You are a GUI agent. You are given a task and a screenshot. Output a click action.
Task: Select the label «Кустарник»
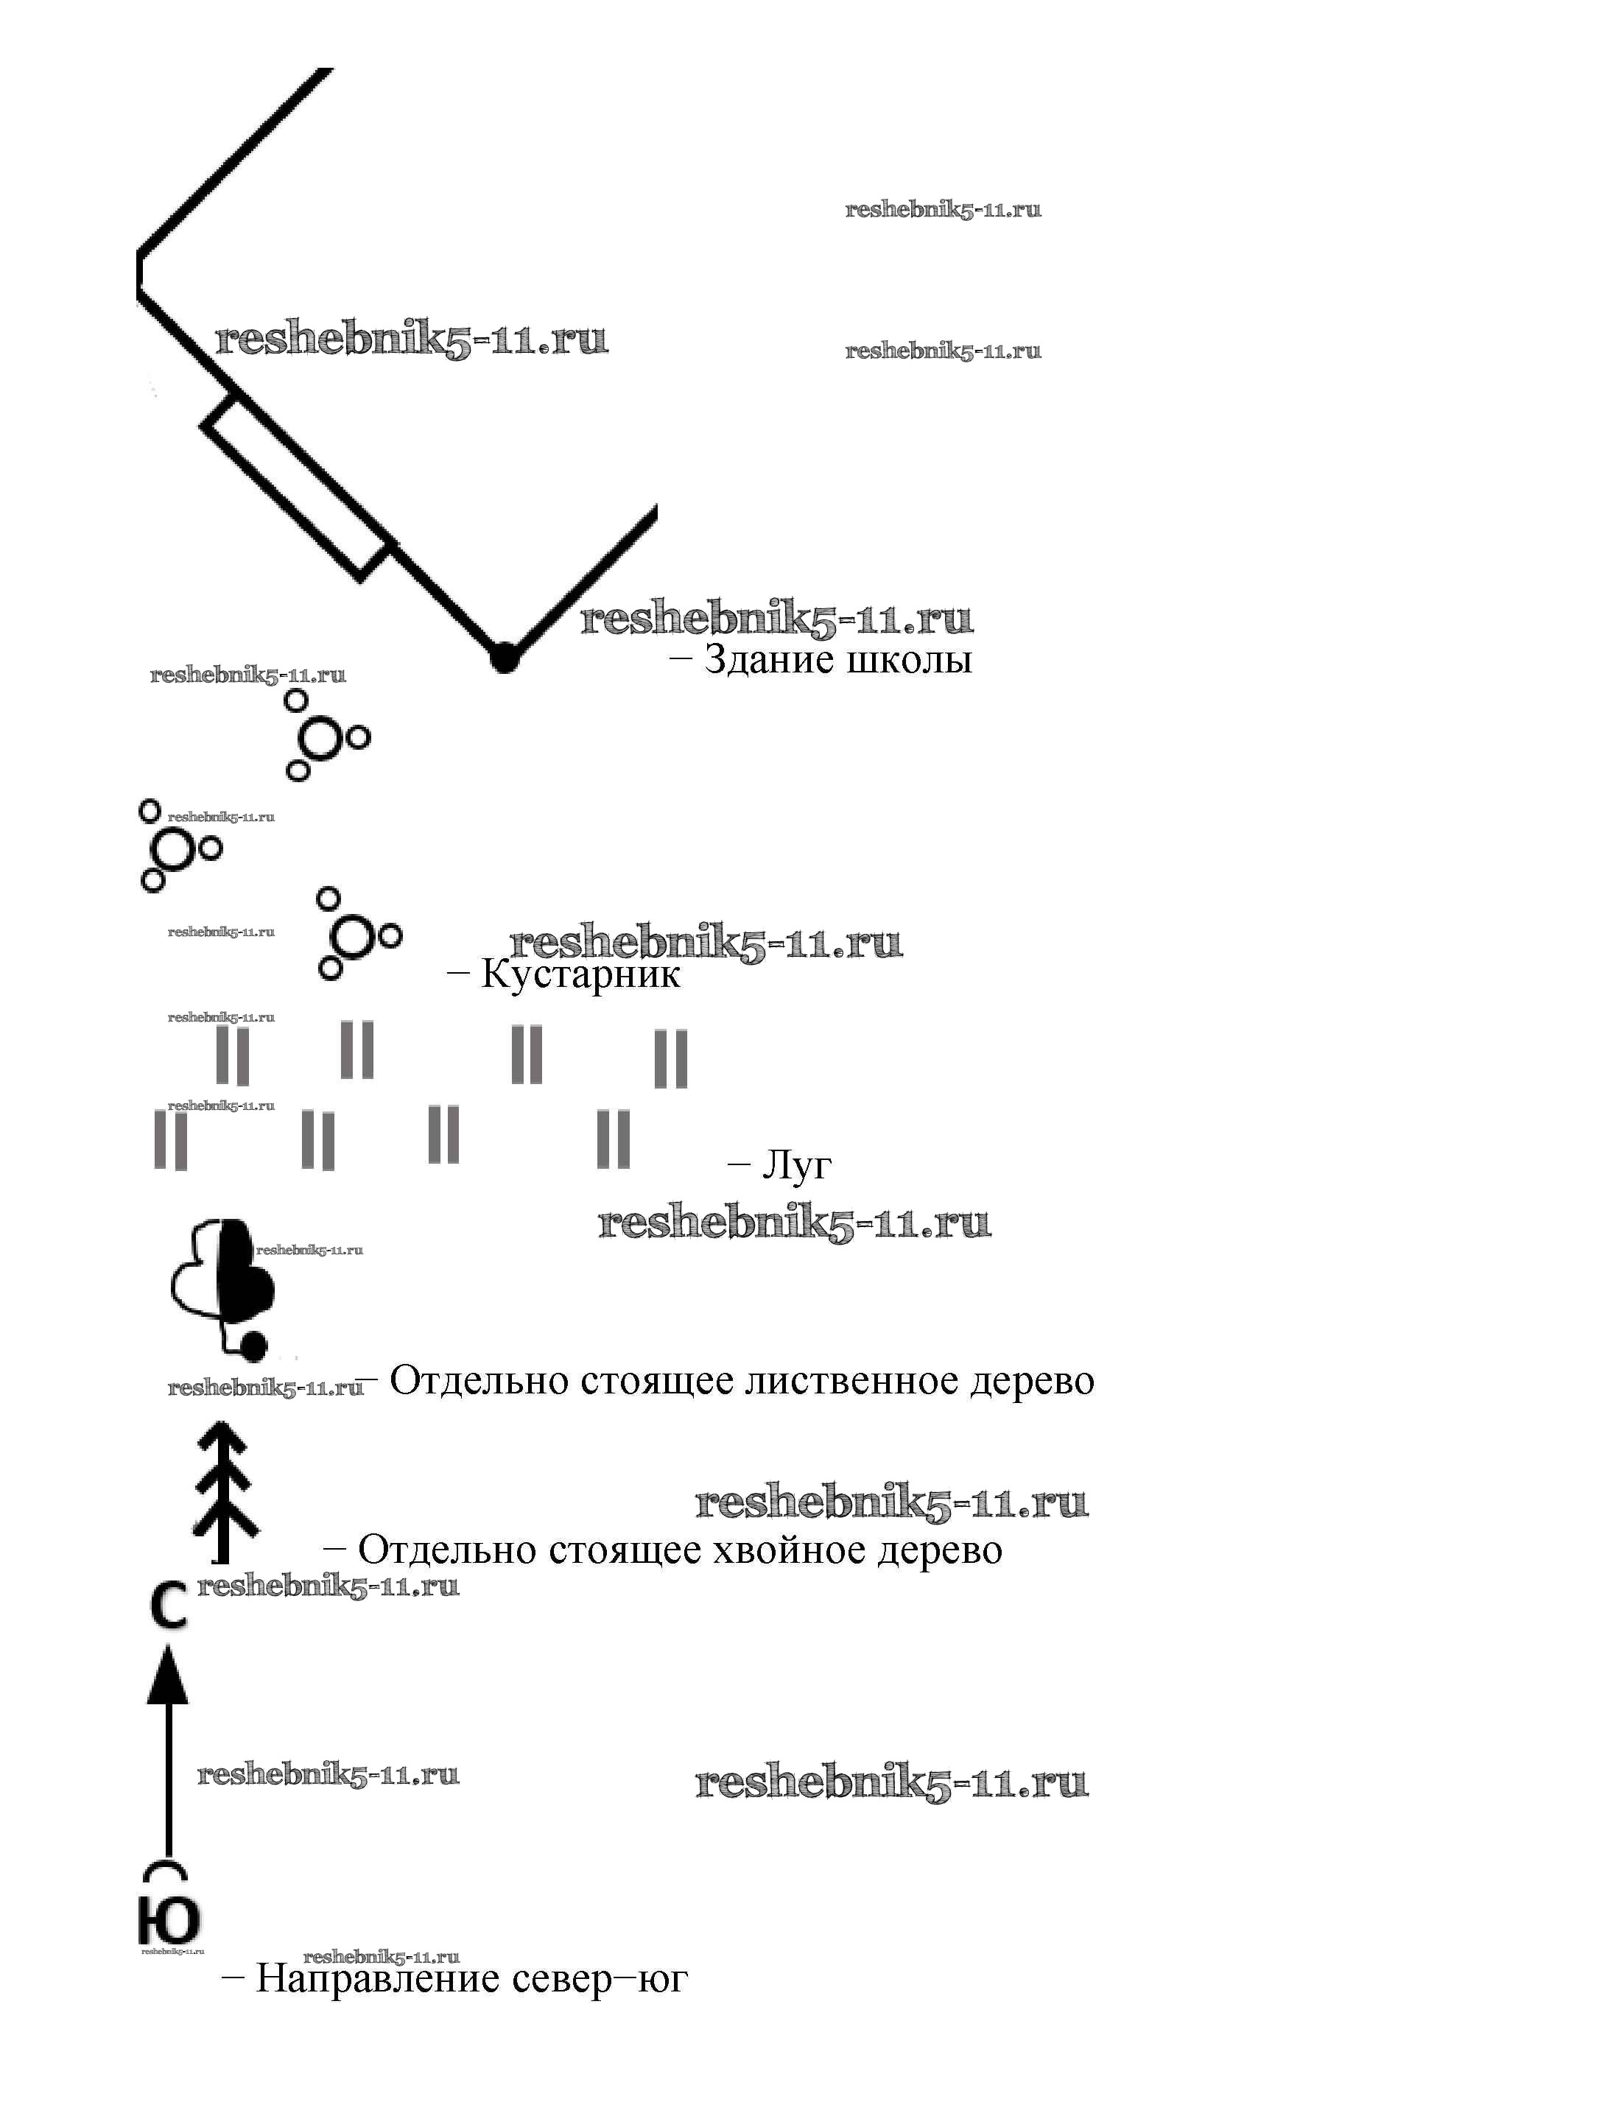pyautogui.click(x=580, y=975)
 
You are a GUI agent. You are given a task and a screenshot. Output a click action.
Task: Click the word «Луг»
pyautogui.click(x=796, y=1164)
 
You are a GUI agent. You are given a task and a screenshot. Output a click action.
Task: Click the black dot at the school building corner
pyautogui.click(x=504, y=658)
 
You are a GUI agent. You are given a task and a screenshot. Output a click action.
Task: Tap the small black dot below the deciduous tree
pyautogui.click(x=253, y=1347)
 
